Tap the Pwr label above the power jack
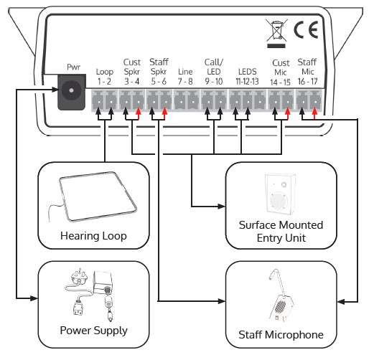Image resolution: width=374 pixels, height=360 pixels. coord(73,67)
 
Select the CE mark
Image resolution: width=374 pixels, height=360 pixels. coord(307,29)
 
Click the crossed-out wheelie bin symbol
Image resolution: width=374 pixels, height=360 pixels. coord(276,33)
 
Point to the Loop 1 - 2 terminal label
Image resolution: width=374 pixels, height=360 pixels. coord(104,77)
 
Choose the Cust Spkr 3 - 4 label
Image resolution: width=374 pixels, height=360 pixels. coord(131,72)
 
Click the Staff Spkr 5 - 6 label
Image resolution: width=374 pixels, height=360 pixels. coord(159,72)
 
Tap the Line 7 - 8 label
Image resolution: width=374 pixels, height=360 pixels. coord(185,77)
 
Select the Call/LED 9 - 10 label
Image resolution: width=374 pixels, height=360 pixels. coord(214,72)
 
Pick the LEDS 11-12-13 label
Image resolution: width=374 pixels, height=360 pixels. coord(248,77)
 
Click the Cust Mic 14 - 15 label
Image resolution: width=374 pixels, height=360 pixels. coord(281,72)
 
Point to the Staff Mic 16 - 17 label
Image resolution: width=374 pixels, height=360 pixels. coord(307,72)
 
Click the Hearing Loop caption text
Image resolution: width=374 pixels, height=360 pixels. coord(93,236)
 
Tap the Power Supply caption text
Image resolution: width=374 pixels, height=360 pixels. coord(94,331)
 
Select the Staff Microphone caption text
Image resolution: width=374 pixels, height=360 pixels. coord(281,335)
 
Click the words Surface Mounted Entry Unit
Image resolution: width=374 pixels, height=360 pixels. coord(281,232)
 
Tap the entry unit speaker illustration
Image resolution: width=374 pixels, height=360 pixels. coord(280,194)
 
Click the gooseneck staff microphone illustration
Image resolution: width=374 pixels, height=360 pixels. coord(281,296)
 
